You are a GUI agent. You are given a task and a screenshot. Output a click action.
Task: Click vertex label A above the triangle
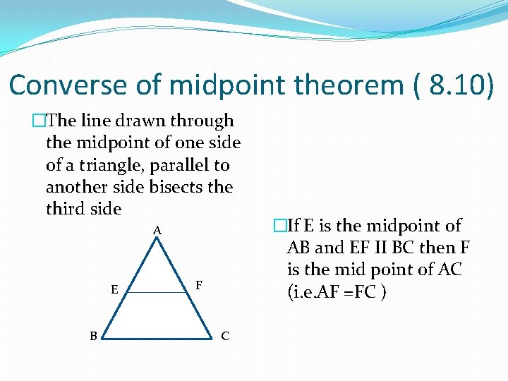point(157,230)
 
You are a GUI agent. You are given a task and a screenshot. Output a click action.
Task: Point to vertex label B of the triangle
point(93,336)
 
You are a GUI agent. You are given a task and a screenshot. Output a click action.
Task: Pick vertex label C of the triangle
point(224,336)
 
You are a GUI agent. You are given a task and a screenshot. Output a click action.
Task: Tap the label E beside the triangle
point(114,289)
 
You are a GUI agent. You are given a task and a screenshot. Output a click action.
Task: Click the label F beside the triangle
point(200,285)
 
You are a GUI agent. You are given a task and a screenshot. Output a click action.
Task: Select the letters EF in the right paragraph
point(357,248)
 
